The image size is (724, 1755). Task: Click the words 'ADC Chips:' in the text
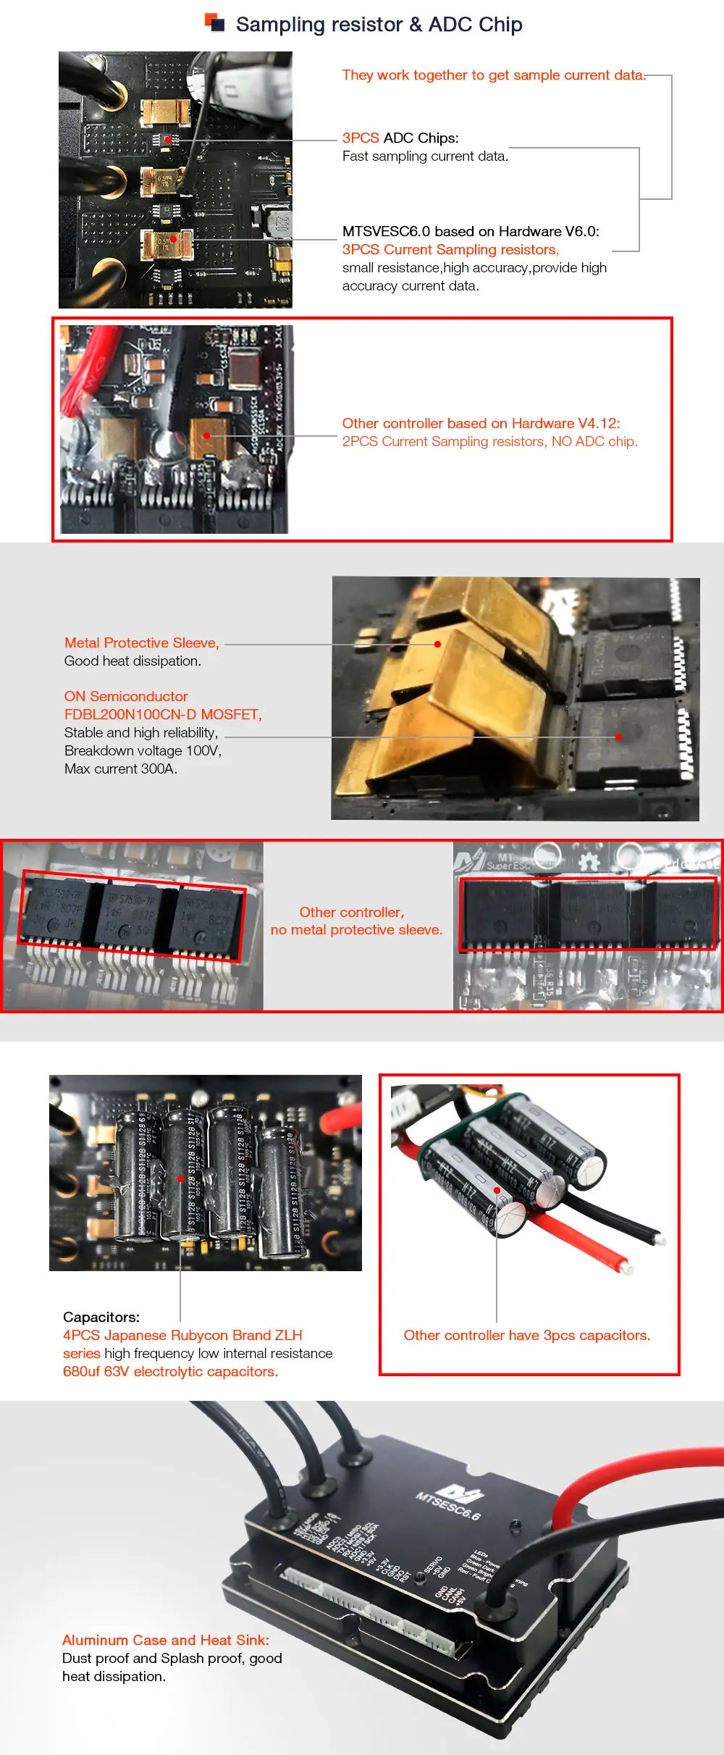420,138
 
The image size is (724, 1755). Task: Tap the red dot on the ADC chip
167,139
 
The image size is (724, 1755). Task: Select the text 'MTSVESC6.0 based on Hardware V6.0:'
471,231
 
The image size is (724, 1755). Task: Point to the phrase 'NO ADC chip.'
594,441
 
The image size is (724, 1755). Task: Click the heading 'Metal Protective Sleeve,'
141,642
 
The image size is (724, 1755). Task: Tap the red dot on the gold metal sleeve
437,643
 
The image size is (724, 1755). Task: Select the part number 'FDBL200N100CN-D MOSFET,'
163,714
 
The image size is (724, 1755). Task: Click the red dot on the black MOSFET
618,737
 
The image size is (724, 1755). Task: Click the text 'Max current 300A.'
120,768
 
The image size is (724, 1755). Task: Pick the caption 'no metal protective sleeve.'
356,929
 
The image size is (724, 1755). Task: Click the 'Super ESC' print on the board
508,865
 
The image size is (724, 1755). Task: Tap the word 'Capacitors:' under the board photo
101,1317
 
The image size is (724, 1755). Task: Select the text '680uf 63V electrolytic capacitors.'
170,1371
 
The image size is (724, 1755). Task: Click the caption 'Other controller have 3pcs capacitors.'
526,1335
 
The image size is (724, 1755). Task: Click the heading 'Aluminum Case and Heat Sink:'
165,1640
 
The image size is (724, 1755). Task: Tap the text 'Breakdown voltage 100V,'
143,750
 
